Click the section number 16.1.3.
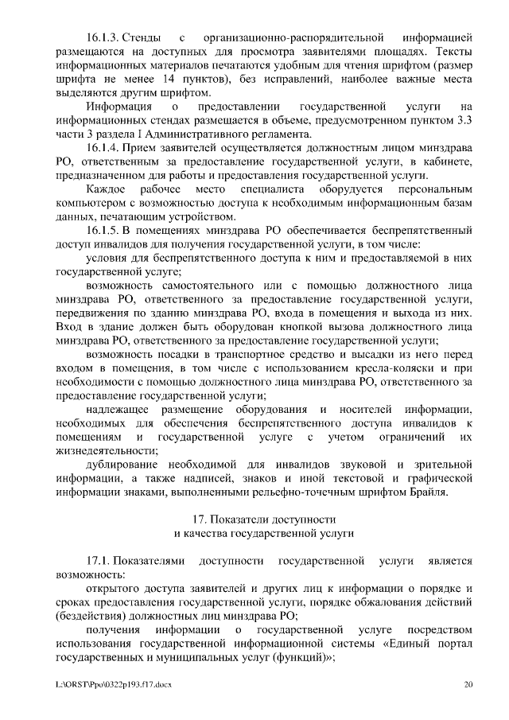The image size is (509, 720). [x=103, y=37]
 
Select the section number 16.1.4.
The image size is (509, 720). [x=103, y=149]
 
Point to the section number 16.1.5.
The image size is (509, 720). [x=103, y=229]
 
